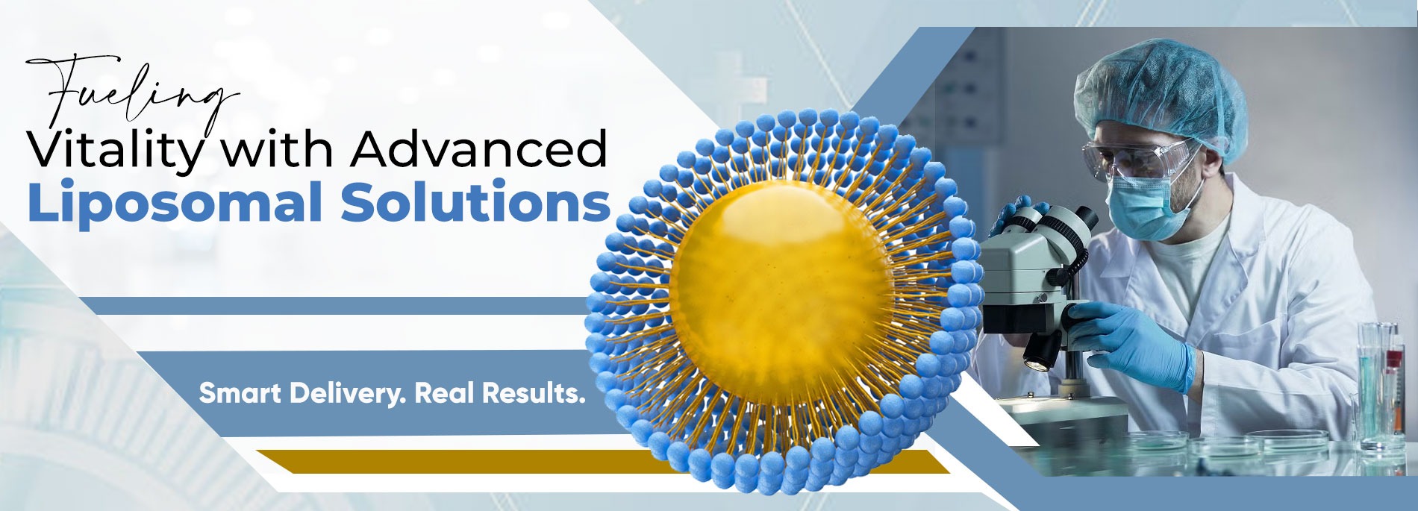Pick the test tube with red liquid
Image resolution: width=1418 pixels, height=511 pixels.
coord(1393,388)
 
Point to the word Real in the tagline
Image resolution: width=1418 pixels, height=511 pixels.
coord(443,393)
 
